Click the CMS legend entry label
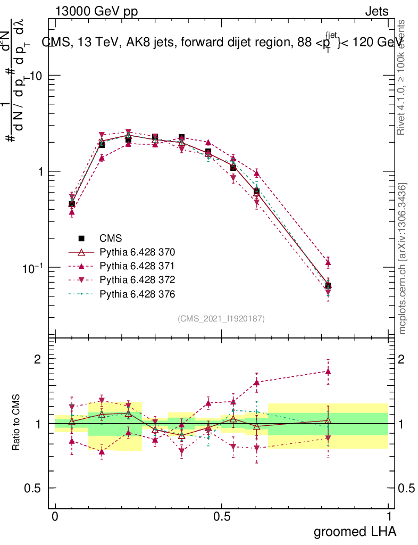pos(111,238)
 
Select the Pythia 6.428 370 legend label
pos(137,252)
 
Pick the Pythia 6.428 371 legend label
pos(137,266)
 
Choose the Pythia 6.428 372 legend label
pos(137,279)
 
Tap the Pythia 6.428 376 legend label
pos(137,293)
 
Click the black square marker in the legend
pos(82,238)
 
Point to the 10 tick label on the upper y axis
pos(35,76)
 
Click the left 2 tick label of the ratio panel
pos(38,359)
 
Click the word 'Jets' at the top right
pos(377,11)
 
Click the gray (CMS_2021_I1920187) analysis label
pos(221,318)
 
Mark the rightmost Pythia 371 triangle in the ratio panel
pos(328,371)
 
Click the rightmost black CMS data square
pos(328,286)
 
